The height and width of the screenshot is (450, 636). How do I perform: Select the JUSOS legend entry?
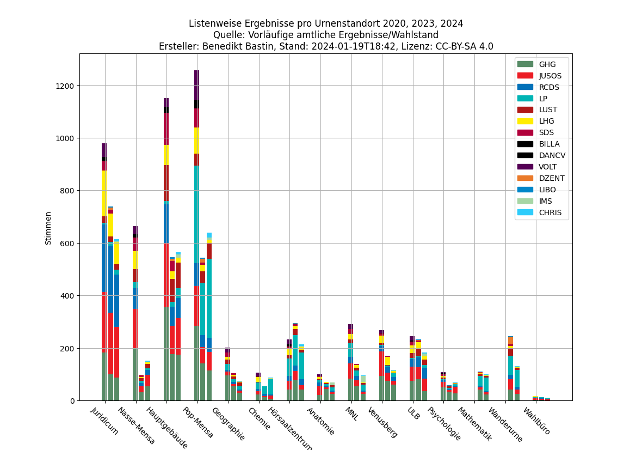(550, 76)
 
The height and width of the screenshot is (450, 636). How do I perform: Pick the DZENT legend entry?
(551, 178)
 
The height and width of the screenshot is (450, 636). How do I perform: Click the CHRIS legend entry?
(550, 212)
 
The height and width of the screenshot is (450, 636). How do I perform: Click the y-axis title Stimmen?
(48, 228)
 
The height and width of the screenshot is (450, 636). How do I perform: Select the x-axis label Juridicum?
(104, 421)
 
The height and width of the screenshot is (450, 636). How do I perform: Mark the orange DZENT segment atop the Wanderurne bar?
(511, 340)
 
